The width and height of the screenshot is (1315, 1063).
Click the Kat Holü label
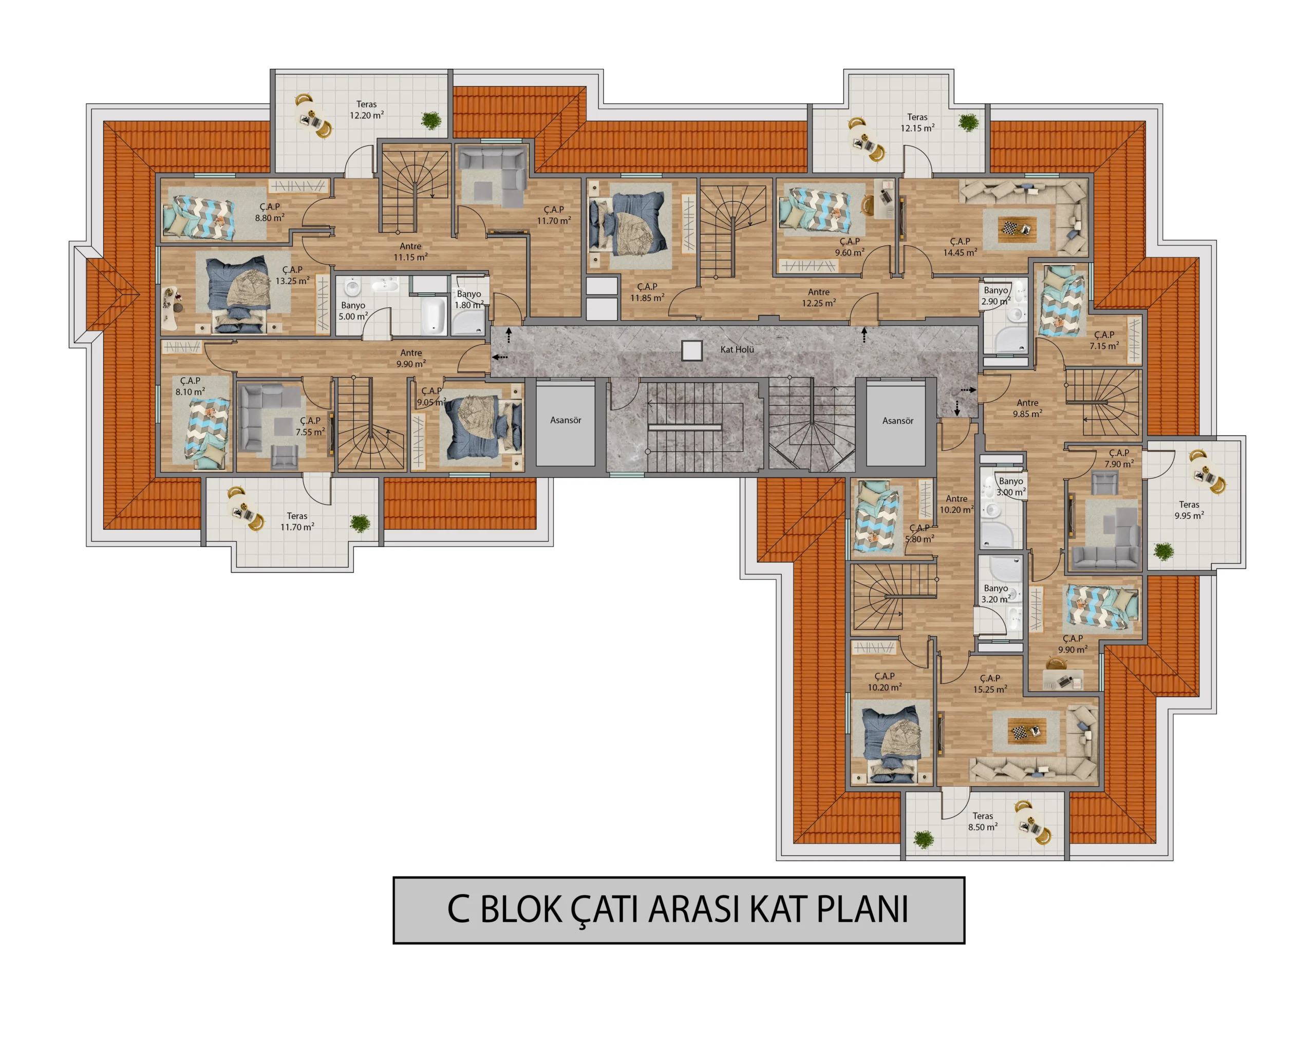click(737, 350)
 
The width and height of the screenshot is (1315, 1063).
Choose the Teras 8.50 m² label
click(983, 822)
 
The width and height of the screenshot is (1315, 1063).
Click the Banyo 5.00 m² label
click(353, 311)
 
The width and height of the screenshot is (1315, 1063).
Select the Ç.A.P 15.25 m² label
click(990, 684)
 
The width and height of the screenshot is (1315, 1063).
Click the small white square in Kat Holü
click(692, 351)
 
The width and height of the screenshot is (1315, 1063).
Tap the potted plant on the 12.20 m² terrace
click(431, 120)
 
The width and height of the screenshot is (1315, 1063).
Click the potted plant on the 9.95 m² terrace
click(1163, 551)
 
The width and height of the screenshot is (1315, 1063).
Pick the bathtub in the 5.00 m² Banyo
click(434, 315)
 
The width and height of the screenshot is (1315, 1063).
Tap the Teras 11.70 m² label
click(297, 521)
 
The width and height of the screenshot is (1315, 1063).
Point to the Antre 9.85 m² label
click(1027, 408)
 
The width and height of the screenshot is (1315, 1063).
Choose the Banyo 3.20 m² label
click(996, 594)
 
